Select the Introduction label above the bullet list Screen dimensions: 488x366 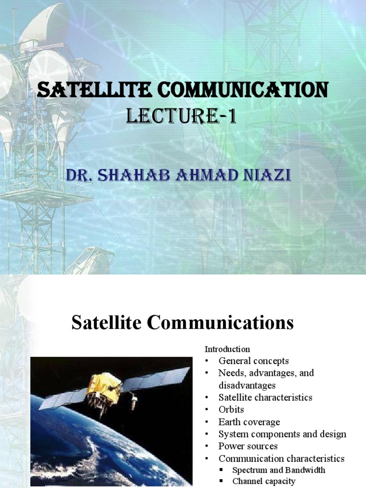tap(227, 349)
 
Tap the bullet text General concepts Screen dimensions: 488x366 tap(254, 361)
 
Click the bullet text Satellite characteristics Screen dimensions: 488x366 tap(265, 397)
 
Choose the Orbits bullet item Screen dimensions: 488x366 tap(231, 409)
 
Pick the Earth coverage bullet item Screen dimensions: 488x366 tap(249, 422)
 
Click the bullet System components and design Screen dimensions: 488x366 tap(282, 434)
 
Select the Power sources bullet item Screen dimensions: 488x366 tap(248, 447)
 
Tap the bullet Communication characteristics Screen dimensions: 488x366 tap(281, 459)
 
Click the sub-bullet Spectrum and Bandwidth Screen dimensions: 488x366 tap(279, 470)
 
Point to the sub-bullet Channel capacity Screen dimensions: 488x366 tap(264, 481)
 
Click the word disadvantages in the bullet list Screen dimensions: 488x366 tap(247, 385)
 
